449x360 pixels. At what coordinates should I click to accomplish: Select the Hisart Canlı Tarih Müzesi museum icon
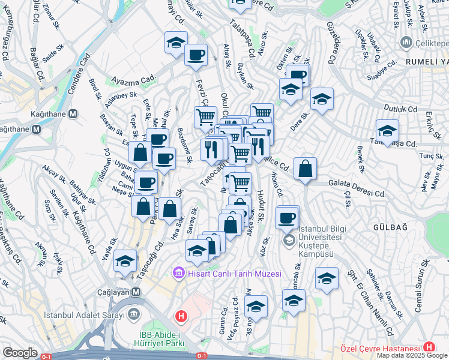[x=178, y=274]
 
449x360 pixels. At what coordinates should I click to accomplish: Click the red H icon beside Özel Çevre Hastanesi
[x=429, y=347]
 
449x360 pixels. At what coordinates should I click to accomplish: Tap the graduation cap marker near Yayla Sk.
[x=125, y=261]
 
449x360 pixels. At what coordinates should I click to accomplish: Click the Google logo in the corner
[x=20, y=353]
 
